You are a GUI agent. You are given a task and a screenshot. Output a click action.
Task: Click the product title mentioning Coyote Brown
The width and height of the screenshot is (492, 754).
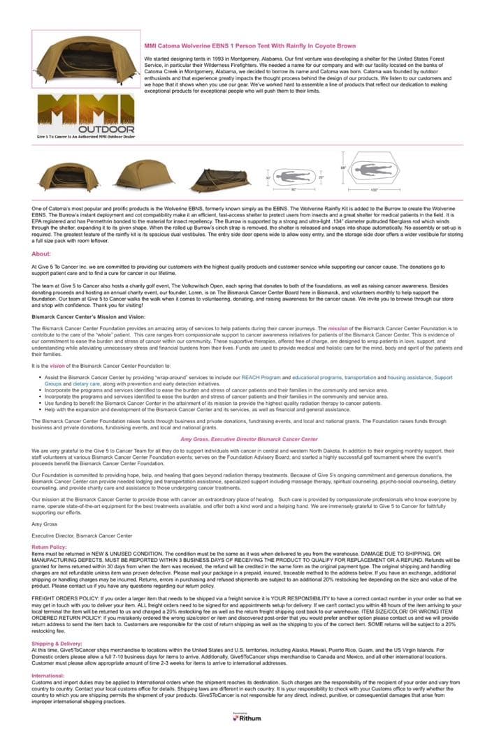(249, 45)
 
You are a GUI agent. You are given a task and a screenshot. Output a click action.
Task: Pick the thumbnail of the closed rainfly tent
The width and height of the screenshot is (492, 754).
(143, 175)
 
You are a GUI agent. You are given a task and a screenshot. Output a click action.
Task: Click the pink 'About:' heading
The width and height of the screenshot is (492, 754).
(41, 253)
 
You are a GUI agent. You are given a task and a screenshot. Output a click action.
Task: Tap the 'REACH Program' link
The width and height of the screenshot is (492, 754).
(261, 377)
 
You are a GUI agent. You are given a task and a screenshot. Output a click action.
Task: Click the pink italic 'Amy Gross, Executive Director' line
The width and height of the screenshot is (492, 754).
(249, 439)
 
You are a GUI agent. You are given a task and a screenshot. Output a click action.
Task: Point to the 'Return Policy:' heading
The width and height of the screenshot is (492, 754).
(50, 547)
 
